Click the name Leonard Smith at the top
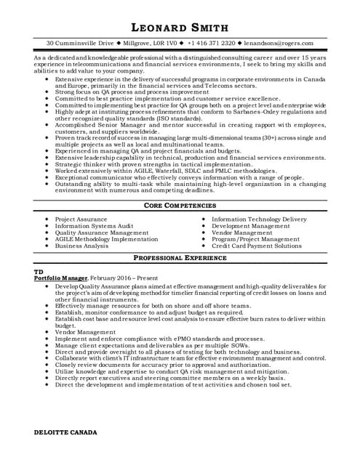180,28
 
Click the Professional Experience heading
180,258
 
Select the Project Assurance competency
82,219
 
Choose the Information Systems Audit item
94,226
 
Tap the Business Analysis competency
83,246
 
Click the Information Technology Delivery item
259,219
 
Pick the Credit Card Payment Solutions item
256,246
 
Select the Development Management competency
250,226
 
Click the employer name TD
39,271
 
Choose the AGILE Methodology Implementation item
106,239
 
